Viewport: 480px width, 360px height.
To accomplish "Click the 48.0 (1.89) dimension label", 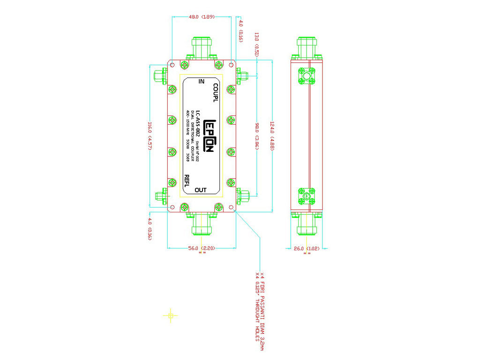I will pos(202,17).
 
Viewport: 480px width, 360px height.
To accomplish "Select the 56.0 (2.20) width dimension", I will pos(202,247).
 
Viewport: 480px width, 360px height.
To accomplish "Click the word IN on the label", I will pos(202,82).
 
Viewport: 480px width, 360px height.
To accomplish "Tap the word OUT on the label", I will pos(201,190).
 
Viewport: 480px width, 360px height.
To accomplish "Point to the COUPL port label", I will pos(215,93).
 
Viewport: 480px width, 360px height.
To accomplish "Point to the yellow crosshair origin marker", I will pos(171,315).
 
